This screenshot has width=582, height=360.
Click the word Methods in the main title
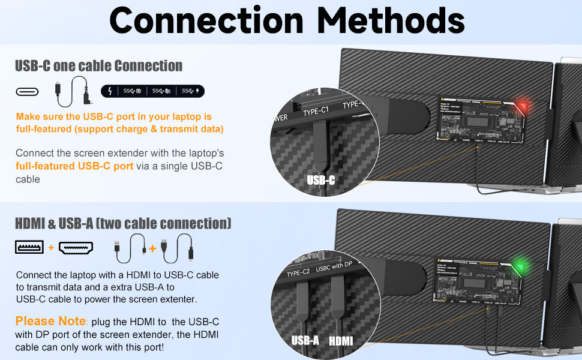click(x=391, y=21)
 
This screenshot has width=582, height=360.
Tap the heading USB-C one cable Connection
click(x=98, y=65)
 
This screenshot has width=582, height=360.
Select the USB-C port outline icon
click(x=27, y=91)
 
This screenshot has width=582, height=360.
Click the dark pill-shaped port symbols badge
click(x=153, y=91)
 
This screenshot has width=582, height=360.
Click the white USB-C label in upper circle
click(x=321, y=179)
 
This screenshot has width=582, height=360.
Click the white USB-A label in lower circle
click(x=305, y=341)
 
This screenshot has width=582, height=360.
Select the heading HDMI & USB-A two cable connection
click(x=123, y=224)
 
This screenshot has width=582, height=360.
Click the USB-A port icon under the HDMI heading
click(x=29, y=247)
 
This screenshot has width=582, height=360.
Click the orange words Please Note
click(x=50, y=321)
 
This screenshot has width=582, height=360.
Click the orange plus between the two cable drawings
click(x=152, y=248)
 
